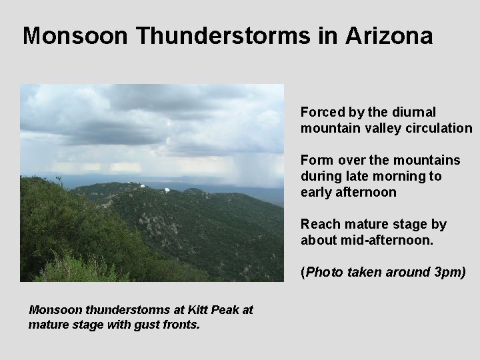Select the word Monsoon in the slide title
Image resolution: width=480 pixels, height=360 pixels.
point(75,35)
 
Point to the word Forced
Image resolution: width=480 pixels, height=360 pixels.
point(321,112)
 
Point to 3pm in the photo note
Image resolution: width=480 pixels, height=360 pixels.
point(451,272)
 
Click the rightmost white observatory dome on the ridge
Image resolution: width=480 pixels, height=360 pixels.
point(167,190)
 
